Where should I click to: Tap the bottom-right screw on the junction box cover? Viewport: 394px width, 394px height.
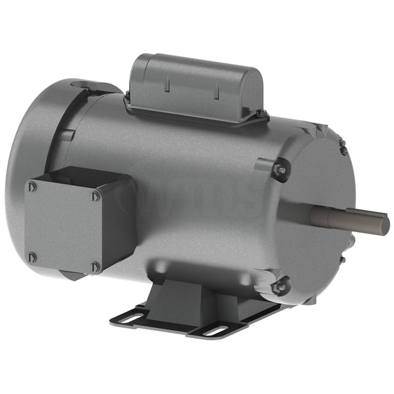coord(96,266)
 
